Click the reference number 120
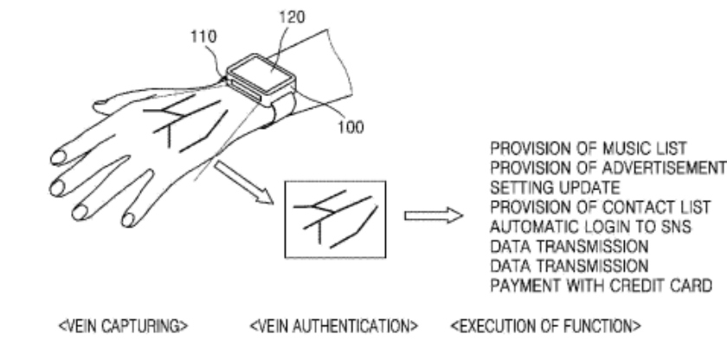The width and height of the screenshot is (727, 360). click(292, 17)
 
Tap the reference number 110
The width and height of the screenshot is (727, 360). click(203, 36)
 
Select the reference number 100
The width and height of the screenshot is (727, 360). click(351, 127)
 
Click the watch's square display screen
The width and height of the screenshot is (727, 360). click(261, 74)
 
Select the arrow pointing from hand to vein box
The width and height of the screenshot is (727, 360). click(243, 182)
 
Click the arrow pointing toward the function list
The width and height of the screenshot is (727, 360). click(434, 215)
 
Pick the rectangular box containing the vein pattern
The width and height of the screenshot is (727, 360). click(335, 219)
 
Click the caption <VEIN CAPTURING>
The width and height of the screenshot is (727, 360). click(123, 326)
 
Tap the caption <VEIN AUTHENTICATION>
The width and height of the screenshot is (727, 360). click(333, 326)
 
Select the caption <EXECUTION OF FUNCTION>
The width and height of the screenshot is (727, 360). click(546, 326)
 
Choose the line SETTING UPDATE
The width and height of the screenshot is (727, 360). click(555, 188)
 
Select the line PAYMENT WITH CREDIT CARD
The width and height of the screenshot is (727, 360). click(601, 286)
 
